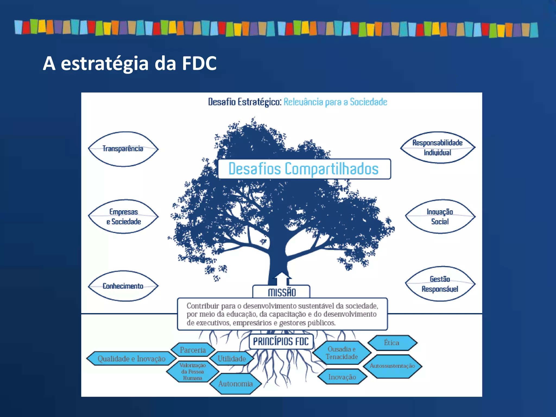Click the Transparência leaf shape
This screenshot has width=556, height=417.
point(123,149)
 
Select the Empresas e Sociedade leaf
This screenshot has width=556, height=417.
point(124,216)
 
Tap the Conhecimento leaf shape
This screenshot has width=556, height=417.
point(123,286)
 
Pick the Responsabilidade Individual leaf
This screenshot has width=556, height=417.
point(437,147)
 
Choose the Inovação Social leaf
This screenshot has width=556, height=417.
point(440,216)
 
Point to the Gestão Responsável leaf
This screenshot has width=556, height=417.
point(440,284)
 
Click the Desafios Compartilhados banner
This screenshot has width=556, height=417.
point(304,169)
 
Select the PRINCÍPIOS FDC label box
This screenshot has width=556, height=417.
point(281,341)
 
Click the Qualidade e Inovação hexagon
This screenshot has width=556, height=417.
point(131,359)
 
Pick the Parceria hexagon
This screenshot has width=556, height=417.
point(193,350)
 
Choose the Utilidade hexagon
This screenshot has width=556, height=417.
point(232,359)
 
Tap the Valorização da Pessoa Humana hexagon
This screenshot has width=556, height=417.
point(192,371)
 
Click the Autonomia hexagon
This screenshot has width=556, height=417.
point(235,384)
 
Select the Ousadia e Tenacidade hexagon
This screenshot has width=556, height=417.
point(342,353)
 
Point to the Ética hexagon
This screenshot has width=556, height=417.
point(392,343)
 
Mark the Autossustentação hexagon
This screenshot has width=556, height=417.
point(392,366)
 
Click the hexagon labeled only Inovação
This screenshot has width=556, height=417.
point(342,377)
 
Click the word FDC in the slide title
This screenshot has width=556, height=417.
point(199,63)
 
